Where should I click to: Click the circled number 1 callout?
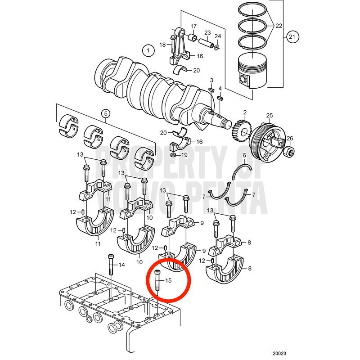[148, 50]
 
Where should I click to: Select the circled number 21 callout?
[292, 37]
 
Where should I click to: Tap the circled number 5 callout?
[106, 113]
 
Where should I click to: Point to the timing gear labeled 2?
[243, 131]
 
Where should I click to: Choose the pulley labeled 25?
[267, 142]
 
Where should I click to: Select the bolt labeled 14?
[111, 265]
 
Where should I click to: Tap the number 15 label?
[168, 280]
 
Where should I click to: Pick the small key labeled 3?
[211, 89]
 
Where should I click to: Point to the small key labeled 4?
[220, 98]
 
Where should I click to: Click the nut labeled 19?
[174, 155]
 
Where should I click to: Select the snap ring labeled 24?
[217, 47]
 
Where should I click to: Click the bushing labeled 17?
[193, 37]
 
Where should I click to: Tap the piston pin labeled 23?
[206, 42]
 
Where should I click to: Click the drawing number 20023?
[279, 353]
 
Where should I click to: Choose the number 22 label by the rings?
[279, 26]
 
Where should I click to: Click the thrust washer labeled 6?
[242, 172]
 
